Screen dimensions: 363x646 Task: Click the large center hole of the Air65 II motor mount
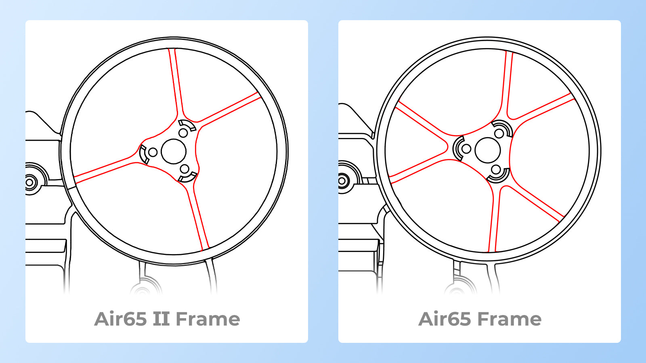click(174, 151)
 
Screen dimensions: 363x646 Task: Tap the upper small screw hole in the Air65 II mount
click(183, 133)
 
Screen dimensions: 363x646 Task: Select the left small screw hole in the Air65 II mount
click(153, 152)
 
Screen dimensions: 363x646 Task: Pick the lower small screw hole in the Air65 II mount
click(185, 169)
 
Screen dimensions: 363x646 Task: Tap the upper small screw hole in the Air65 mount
click(499, 133)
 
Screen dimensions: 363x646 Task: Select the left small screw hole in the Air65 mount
click(466, 149)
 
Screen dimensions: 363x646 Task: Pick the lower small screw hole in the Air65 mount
click(496, 169)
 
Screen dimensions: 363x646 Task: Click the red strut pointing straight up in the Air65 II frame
click(175, 81)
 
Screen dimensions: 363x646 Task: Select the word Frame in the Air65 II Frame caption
click(208, 319)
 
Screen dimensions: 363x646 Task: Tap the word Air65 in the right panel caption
click(445, 319)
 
